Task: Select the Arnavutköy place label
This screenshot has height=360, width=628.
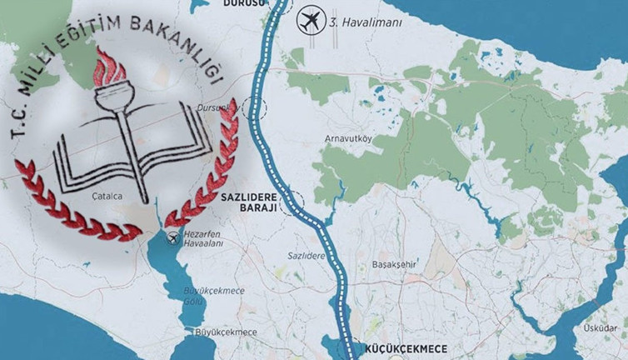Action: [347, 137]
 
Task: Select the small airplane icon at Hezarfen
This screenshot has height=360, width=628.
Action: [173, 240]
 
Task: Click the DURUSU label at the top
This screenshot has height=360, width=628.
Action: [243, 3]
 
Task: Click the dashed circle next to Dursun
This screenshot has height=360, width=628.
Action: [253, 111]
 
